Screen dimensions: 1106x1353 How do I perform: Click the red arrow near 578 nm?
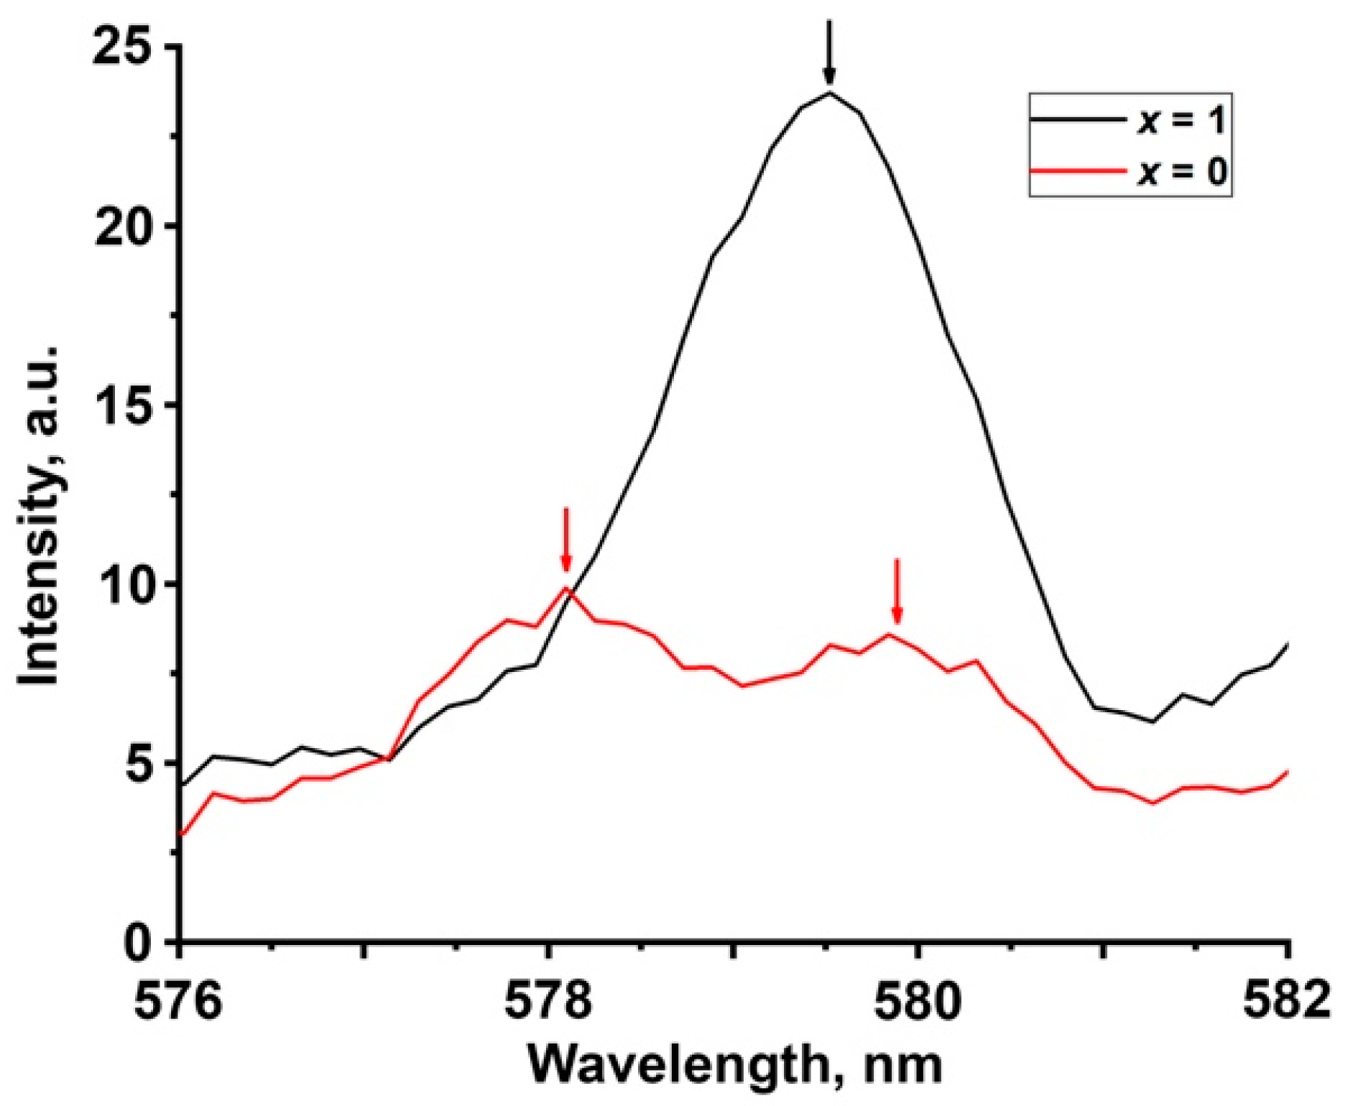[566, 540]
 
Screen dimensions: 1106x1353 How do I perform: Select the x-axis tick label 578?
[549, 1002]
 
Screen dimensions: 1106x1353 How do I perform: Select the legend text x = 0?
[1181, 172]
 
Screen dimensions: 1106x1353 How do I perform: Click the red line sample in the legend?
[1078, 171]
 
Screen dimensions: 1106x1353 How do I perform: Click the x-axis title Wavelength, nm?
[734, 1064]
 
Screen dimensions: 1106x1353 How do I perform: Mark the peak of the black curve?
[829, 93]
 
